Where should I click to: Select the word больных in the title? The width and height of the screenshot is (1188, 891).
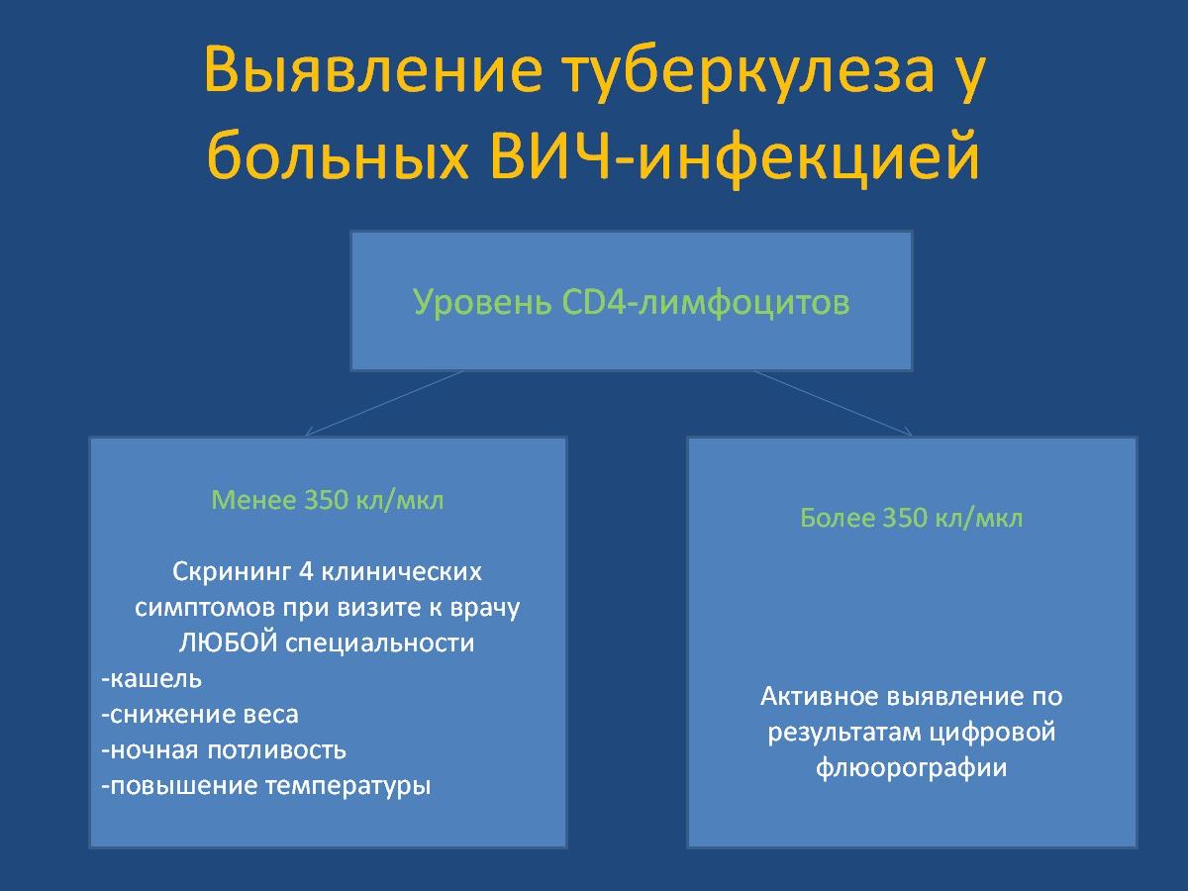tap(338, 155)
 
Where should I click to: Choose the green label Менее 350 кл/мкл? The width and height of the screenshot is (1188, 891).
tap(328, 499)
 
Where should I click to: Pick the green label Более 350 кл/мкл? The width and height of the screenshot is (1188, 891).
tap(912, 518)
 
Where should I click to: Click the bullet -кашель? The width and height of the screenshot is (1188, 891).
tap(151, 678)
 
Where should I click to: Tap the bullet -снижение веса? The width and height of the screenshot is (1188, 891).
tap(200, 714)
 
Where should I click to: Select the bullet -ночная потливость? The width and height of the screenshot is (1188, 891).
tap(224, 749)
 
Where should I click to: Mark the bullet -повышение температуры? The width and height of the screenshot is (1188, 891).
tap(265, 786)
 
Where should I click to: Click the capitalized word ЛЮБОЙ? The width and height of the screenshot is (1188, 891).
tap(229, 643)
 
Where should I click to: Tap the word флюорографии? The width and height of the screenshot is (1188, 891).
tap(912, 768)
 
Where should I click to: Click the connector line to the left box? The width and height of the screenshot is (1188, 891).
tap(384, 403)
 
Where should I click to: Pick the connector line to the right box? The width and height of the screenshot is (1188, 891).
tap(834, 403)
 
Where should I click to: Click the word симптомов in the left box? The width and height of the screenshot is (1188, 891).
tap(205, 608)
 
